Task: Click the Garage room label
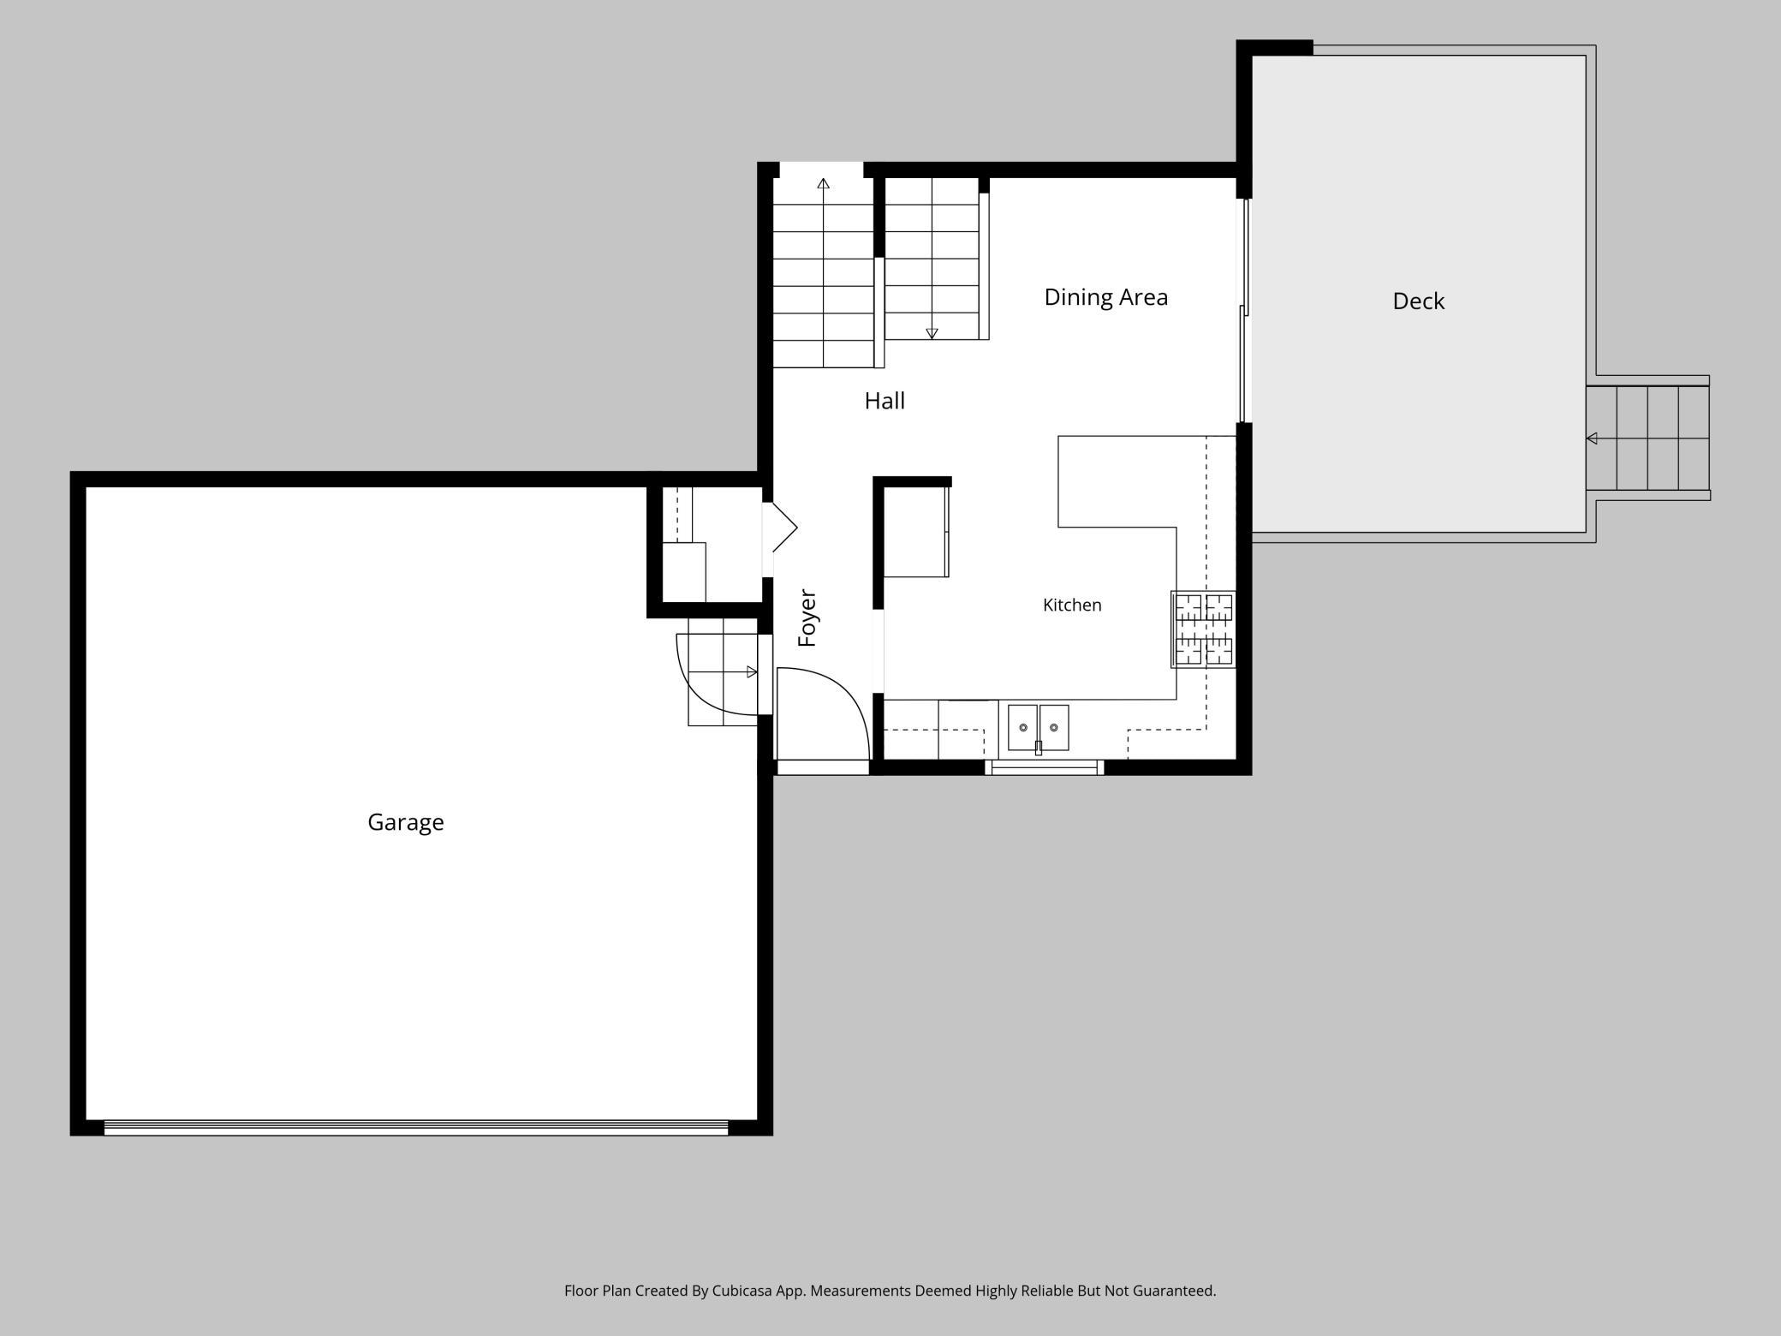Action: click(x=406, y=822)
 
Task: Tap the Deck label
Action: click(x=1419, y=301)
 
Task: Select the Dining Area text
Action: click(x=1105, y=297)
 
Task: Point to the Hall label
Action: click(x=885, y=400)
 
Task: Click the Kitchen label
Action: click(x=1072, y=605)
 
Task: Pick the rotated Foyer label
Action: click(x=807, y=617)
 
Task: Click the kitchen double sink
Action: click(x=1038, y=727)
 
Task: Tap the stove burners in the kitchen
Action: click(x=1203, y=629)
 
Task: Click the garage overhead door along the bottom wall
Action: click(x=416, y=1127)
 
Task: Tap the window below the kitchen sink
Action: click(x=1044, y=767)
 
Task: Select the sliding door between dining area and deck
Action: click(x=1246, y=310)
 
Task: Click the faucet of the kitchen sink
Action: click(x=1039, y=747)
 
